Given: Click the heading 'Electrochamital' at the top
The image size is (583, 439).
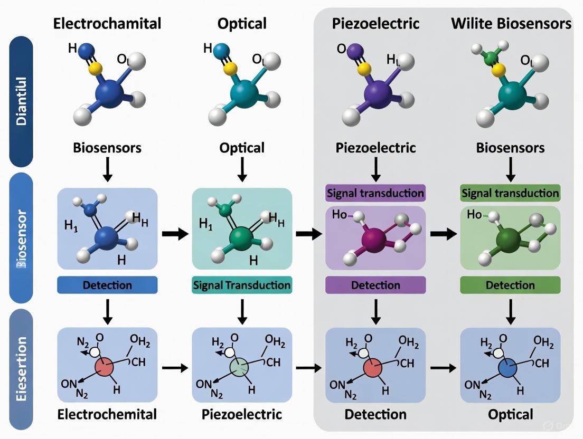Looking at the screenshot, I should (107, 24).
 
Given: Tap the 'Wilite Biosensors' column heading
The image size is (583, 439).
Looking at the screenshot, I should (511, 24).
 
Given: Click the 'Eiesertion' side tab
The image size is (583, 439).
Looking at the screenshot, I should (21, 364).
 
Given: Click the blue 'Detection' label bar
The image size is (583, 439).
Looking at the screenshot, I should (107, 285).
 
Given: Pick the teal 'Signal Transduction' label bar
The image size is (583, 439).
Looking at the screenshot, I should (242, 285).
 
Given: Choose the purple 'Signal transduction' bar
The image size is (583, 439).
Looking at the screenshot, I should (375, 193).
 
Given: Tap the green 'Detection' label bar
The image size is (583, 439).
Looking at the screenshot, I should (510, 285).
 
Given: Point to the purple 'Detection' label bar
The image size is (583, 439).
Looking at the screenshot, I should (375, 285).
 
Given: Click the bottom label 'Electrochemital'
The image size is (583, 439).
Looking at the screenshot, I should (107, 414).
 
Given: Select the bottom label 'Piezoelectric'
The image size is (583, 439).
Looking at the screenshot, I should (242, 414).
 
